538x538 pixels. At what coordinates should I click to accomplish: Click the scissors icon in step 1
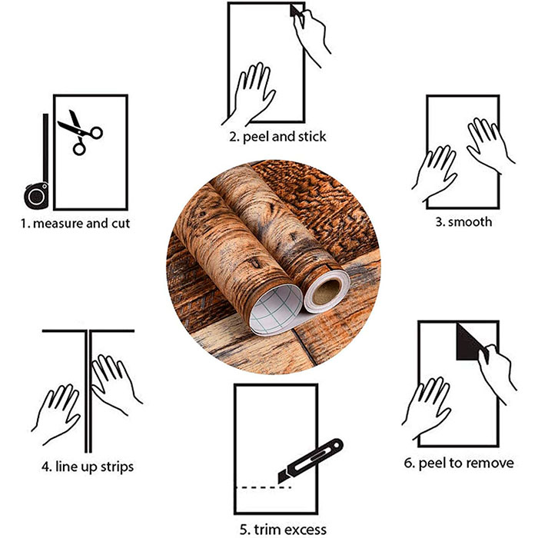[x=80, y=132]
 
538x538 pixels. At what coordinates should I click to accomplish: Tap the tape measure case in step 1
[x=36, y=196]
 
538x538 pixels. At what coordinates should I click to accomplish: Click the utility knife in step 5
[x=311, y=461]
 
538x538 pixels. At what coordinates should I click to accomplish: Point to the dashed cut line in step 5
[x=263, y=487]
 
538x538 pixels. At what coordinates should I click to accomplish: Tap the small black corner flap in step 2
[x=294, y=10]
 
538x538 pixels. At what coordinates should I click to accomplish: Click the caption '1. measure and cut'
[x=75, y=224]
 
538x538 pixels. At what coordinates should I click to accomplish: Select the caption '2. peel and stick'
[x=277, y=137]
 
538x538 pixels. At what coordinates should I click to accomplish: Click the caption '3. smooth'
[x=463, y=222]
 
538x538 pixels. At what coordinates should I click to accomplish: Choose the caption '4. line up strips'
[x=88, y=467]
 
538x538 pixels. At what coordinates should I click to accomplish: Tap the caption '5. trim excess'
[x=283, y=529]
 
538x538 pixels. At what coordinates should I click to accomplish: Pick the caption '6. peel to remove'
[x=459, y=463]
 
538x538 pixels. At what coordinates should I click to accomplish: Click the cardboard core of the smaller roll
[x=326, y=291]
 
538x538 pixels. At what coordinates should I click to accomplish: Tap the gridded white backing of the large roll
[x=275, y=310]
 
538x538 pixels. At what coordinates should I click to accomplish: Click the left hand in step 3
[x=435, y=173]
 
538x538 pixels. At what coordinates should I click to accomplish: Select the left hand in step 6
[x=427, y=408]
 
